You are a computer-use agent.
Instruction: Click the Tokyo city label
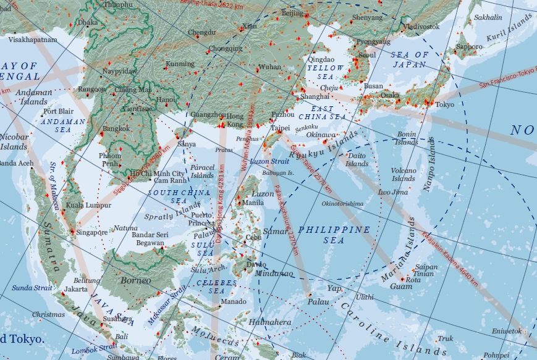(444, 104)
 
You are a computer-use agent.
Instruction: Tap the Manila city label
(253, 203)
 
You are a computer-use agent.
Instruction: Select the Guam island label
(401, 287)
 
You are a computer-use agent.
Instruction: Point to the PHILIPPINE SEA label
(334, 235)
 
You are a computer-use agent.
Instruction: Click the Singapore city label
(93, 233)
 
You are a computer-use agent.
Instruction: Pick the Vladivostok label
(423, 27)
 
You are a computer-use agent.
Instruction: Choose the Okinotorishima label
(342, 203)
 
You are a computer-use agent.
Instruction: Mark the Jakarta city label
(76, 288)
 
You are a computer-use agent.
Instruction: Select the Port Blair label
(59, 112)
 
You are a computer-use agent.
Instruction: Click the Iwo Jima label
(393, 192)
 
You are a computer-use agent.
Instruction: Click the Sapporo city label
(469, 47)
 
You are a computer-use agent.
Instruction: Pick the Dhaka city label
(88, 22)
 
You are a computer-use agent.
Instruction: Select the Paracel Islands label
(203, 171)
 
